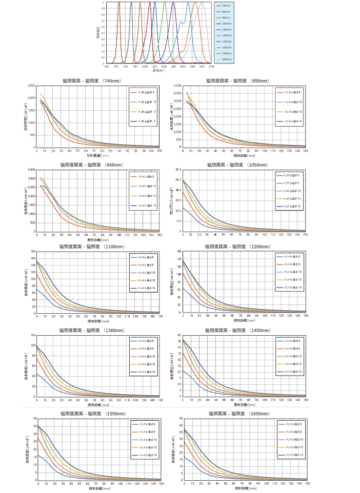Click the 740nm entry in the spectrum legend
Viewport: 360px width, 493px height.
226,6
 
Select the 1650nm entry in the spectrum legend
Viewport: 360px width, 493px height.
226,59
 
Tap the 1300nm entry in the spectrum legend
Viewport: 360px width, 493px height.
226,41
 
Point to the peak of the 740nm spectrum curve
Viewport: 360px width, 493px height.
119,3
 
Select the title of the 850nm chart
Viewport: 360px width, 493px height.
236,80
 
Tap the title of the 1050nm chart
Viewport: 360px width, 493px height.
237,165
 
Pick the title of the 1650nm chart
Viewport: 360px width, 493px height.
239,413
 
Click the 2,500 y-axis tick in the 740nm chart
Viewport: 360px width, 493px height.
31,86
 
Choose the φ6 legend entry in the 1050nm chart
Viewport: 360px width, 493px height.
289,175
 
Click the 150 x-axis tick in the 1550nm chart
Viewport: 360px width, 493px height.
160,484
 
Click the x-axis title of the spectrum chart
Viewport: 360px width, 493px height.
158,70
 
